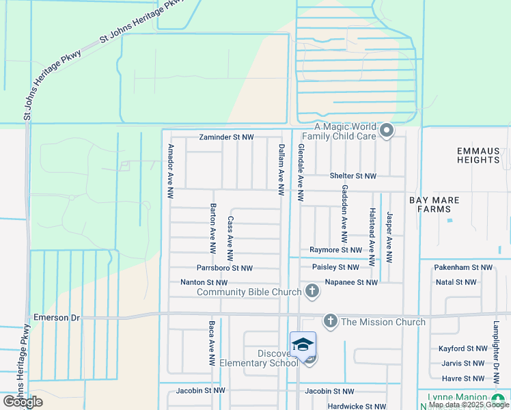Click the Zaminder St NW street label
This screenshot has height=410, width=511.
[226, 137]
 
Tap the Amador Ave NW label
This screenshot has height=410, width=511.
[171, 172]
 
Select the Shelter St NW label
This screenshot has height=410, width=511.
[353, 176]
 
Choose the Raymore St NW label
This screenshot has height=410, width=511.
[334, 250]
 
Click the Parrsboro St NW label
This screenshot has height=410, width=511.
[225, 269]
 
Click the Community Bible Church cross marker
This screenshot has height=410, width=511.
[312, 292]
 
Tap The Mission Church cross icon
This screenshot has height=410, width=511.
[331, 321]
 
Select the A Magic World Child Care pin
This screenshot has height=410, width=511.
[387, 130]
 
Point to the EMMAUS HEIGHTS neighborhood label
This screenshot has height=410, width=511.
[478, 155]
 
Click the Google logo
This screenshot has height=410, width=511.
[23, 402]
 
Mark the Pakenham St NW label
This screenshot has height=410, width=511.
[463, 268]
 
